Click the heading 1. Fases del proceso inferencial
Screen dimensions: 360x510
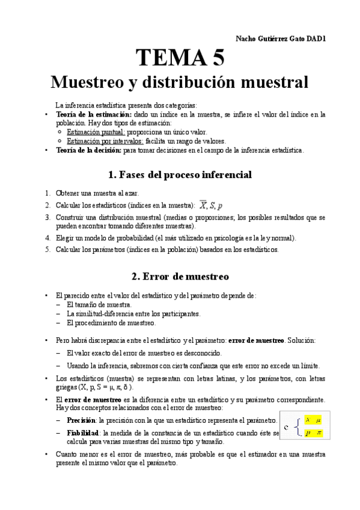pyautogui.click(x=180, y=175)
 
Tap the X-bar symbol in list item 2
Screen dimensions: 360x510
pyautogui.click(x=203, y=205)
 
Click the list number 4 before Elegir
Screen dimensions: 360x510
pyautogui.click(x=47, y=238)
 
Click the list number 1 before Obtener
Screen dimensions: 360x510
pyautogui.click(x=47, y=194)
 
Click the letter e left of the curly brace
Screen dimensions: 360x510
pyautogui.click(x=287, y=427)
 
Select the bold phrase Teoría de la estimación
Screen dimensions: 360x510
pyautogui.click(x=93, y=114)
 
